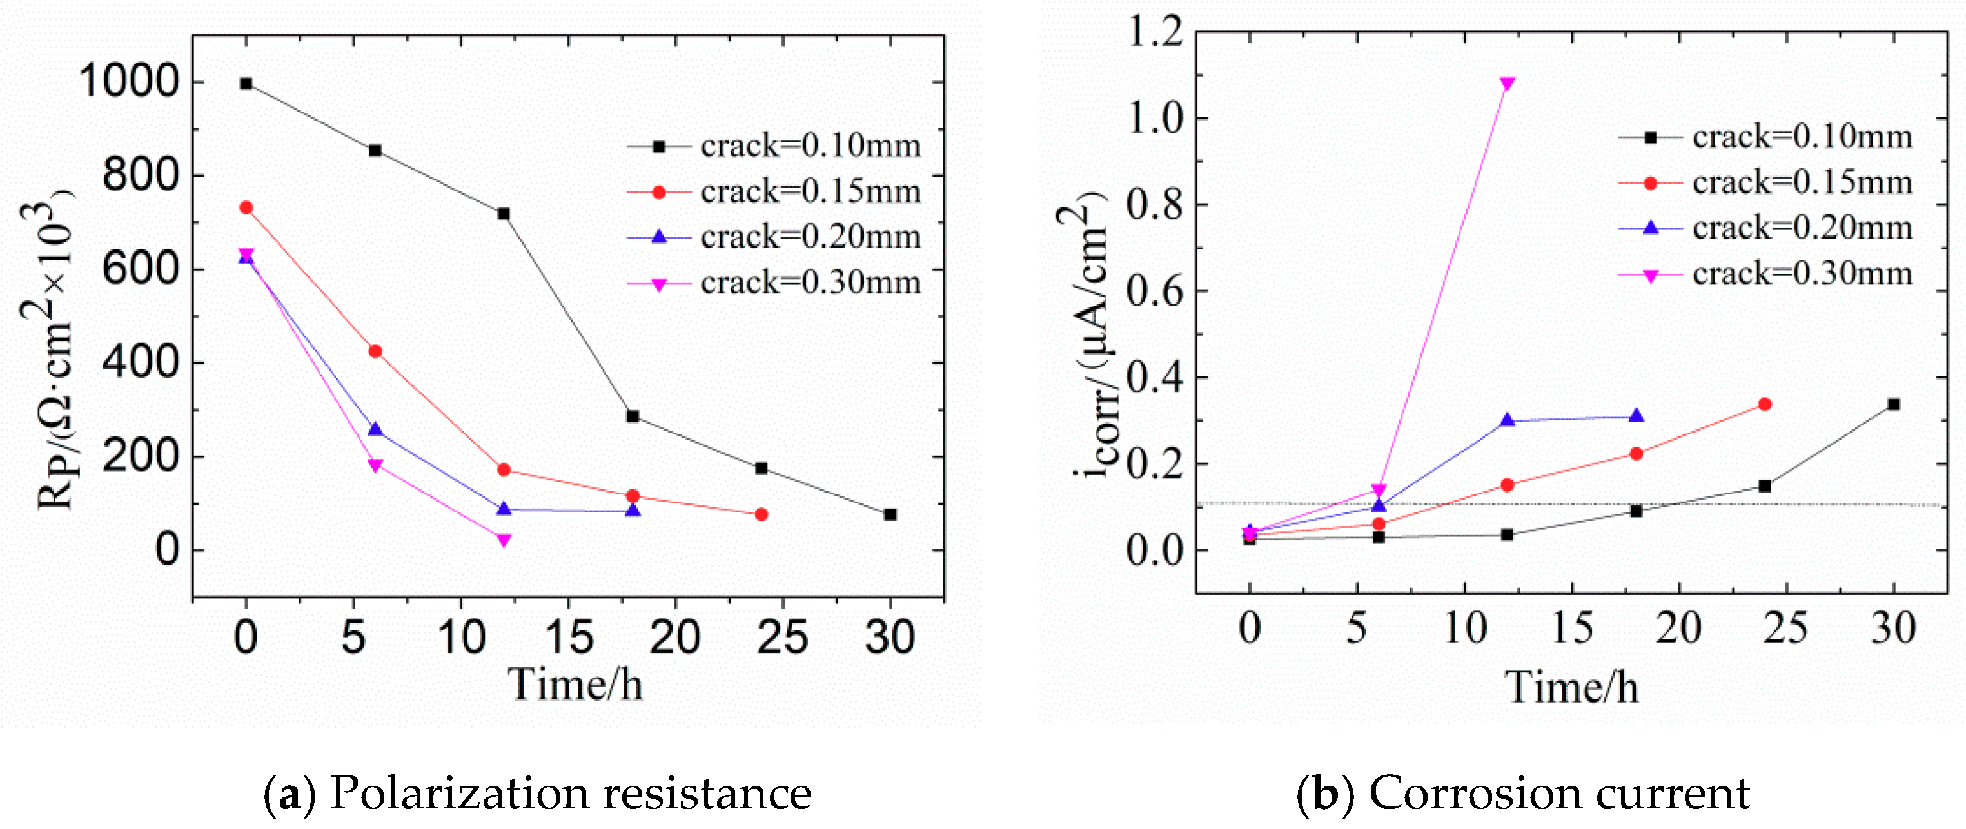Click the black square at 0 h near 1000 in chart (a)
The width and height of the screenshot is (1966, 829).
(246, 83)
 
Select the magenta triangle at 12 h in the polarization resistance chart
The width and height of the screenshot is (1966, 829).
(504, 540)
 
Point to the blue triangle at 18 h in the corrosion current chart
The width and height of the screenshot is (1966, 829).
(1635, 417)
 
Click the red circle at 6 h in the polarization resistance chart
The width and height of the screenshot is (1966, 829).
(375, 352)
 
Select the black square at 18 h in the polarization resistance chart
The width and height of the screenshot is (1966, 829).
(633, 417)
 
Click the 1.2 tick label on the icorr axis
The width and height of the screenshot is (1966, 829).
(1155, 32)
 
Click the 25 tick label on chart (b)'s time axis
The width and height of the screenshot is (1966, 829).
(1785, 629)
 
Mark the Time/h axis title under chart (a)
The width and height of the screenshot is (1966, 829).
(575, 683)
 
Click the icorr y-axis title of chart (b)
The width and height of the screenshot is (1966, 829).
(1084, 336)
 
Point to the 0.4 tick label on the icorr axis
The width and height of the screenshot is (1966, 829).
(1155, 378)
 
